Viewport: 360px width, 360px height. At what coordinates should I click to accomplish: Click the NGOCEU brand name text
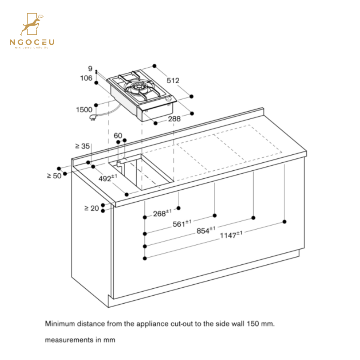[x=32, y=42]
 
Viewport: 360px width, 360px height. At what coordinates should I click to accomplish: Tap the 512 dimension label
[x=173, y=80]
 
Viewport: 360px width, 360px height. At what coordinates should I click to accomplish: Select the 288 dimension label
[x=174, y=119]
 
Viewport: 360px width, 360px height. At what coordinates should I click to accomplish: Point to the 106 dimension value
[x=86, y=78]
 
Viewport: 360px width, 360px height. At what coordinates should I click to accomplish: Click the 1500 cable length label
[x=84, y=110]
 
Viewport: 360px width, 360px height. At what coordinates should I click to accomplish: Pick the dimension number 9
[x=90, y=69]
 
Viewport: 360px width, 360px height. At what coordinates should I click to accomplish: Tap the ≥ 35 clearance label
[x=82, y=146]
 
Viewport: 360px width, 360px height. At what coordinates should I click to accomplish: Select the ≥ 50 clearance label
[x=54, y=176]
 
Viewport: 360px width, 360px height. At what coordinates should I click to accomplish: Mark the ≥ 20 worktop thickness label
[x=91, y=208]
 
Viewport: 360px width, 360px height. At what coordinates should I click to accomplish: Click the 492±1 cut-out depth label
[x=108, y=178]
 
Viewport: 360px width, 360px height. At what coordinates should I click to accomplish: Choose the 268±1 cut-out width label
[x=162, y=214]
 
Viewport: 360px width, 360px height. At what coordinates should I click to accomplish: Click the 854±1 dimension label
[x=206, y=231]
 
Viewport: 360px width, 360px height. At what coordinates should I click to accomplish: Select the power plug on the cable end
[x=94, y=117]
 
